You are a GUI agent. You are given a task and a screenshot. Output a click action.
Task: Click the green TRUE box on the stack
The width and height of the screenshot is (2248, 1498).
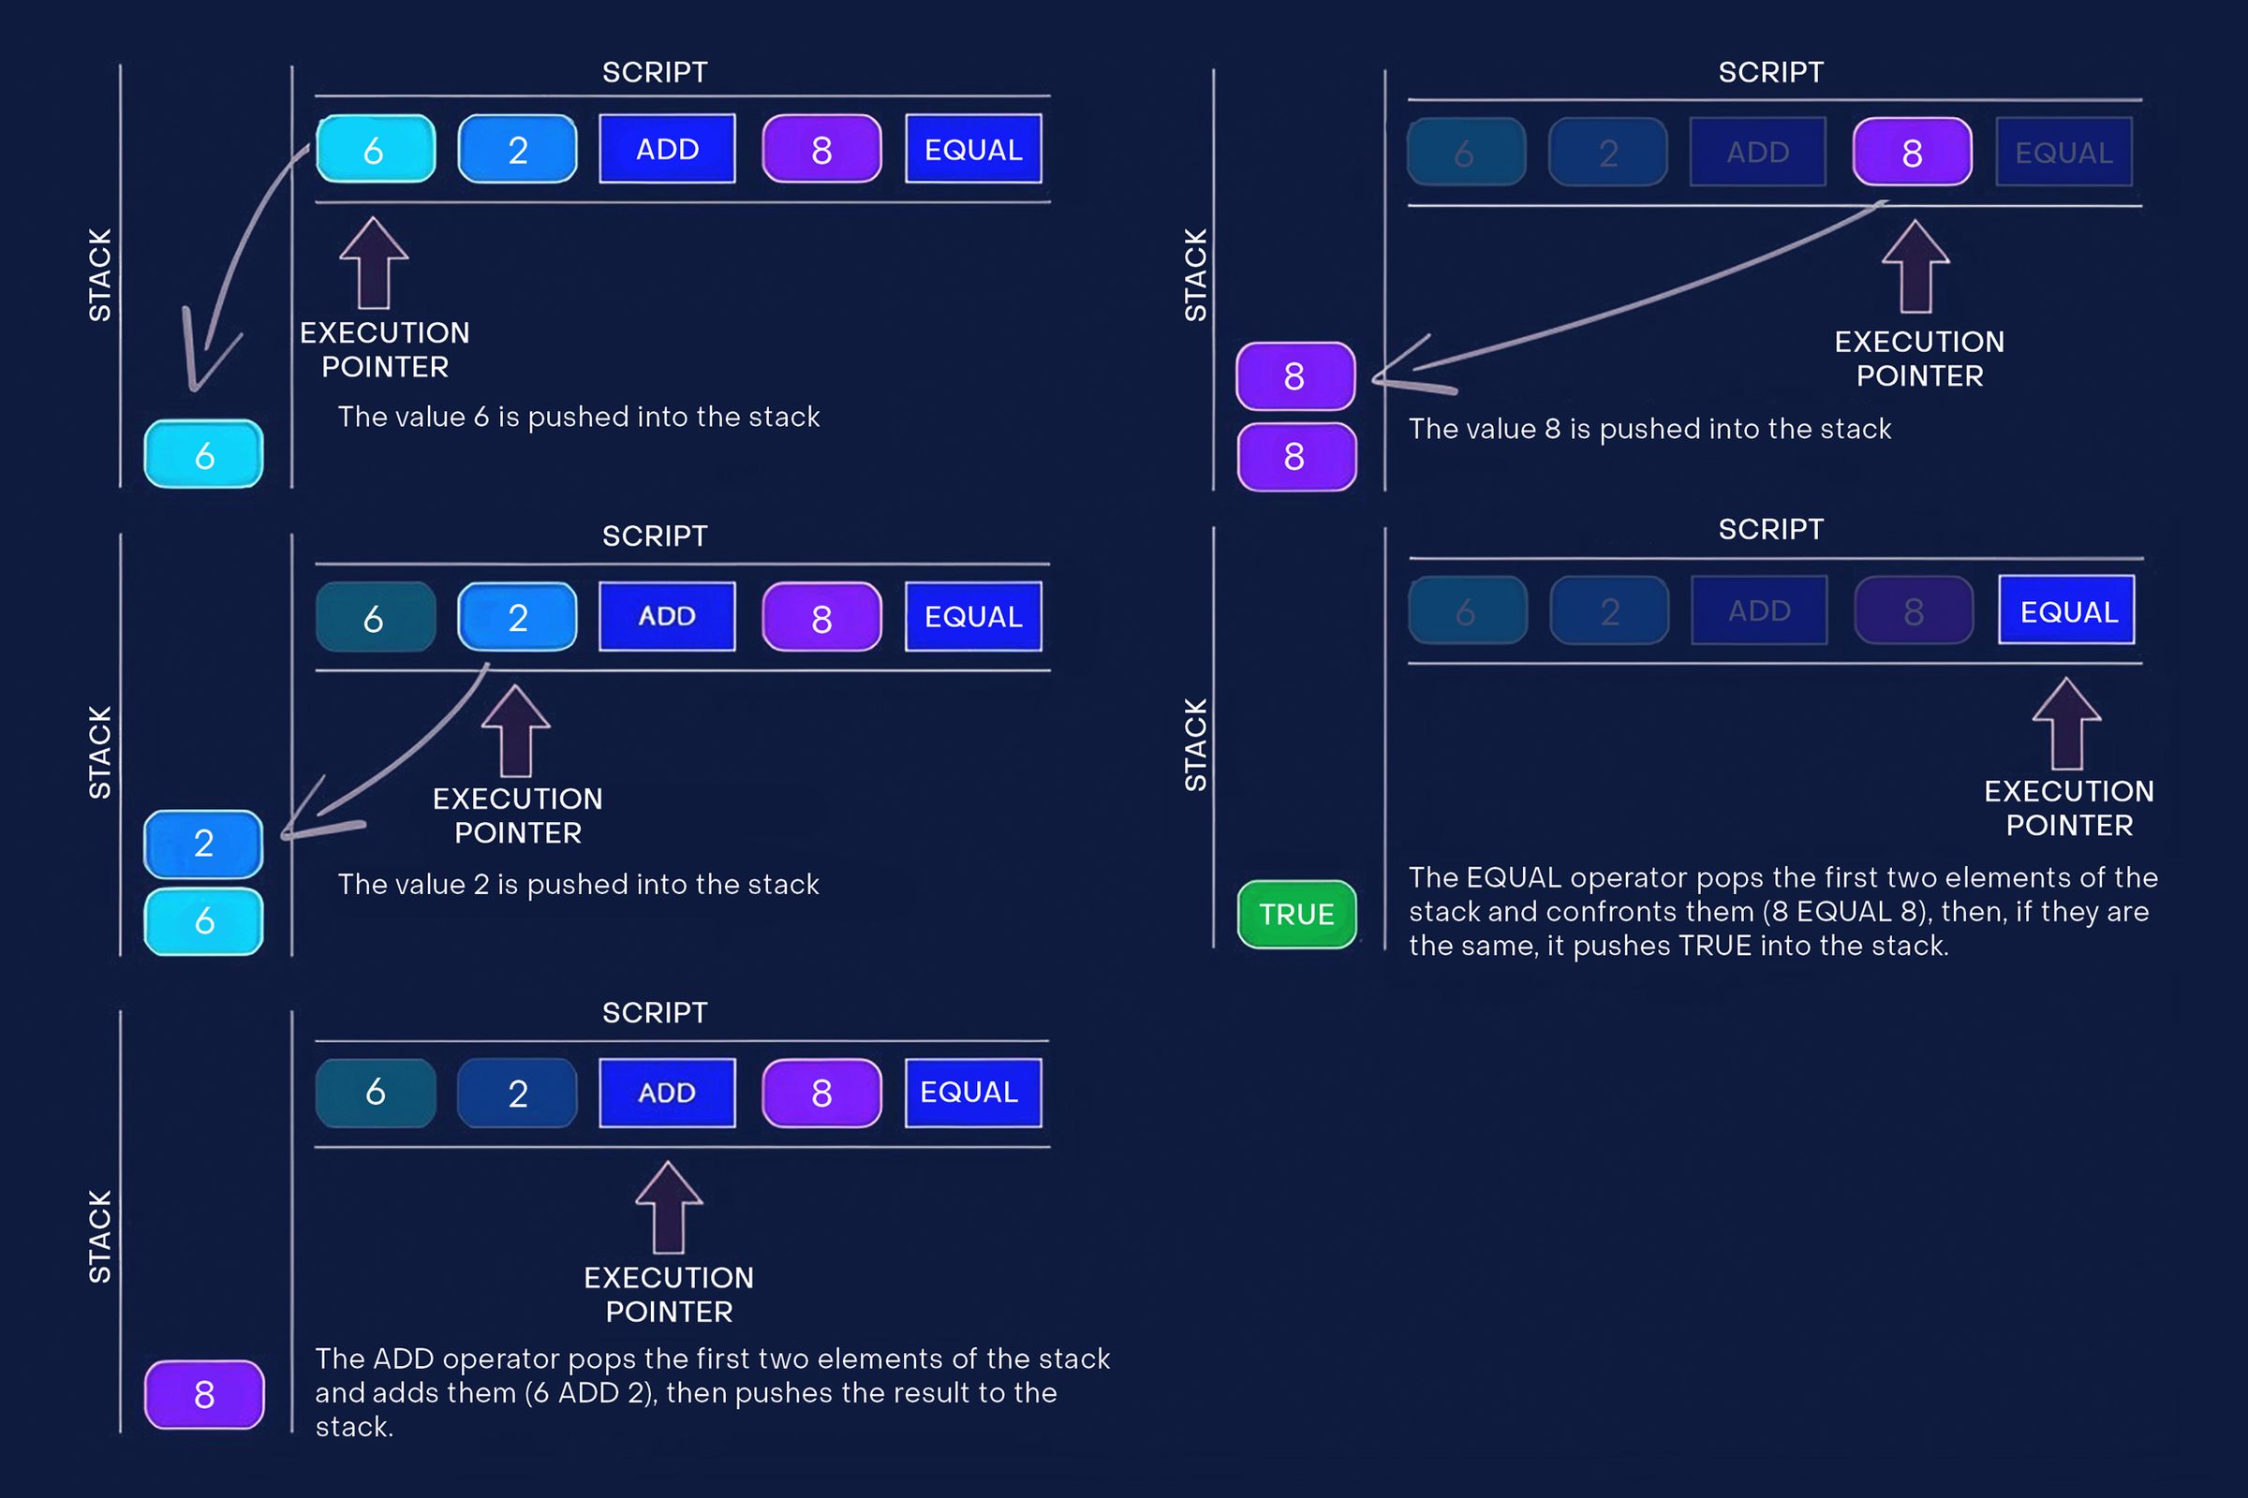[1296, 915]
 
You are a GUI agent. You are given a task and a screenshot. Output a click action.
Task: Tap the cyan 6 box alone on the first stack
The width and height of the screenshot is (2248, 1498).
[203, 455]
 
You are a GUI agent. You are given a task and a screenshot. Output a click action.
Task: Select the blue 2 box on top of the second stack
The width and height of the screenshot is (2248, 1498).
[203, 844]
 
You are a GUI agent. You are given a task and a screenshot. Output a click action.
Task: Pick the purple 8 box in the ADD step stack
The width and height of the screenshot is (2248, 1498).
[203, 1394]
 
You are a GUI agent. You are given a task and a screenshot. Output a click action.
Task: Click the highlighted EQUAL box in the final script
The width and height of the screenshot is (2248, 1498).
[2066, 610]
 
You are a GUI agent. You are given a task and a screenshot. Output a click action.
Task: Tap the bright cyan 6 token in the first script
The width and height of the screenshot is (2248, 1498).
[375, 149]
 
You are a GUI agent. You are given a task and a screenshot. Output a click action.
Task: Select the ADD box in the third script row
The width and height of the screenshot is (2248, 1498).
[667, 1092]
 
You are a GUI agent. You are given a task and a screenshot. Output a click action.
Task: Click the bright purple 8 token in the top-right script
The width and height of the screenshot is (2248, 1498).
[1912, 153]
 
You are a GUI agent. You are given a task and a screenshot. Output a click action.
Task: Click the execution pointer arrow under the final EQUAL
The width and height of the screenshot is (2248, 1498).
[2066, 724]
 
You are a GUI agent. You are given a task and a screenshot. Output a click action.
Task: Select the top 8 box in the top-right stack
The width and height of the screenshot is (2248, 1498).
[1295, 376]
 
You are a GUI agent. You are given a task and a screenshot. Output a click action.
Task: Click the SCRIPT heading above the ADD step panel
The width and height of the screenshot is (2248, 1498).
[655, 1013]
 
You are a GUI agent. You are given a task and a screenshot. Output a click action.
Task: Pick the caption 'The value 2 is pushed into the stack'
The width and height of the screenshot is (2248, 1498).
[578, 884]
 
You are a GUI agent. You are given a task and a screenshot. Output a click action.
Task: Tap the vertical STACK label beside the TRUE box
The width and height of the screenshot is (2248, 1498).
[1196, 744]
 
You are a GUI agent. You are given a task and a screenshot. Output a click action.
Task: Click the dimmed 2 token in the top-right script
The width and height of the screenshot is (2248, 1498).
[1607, 153]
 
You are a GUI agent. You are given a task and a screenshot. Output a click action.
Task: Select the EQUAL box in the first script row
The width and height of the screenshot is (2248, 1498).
[973, 149]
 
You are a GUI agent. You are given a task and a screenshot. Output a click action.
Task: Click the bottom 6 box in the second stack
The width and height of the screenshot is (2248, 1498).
[203, 921]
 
